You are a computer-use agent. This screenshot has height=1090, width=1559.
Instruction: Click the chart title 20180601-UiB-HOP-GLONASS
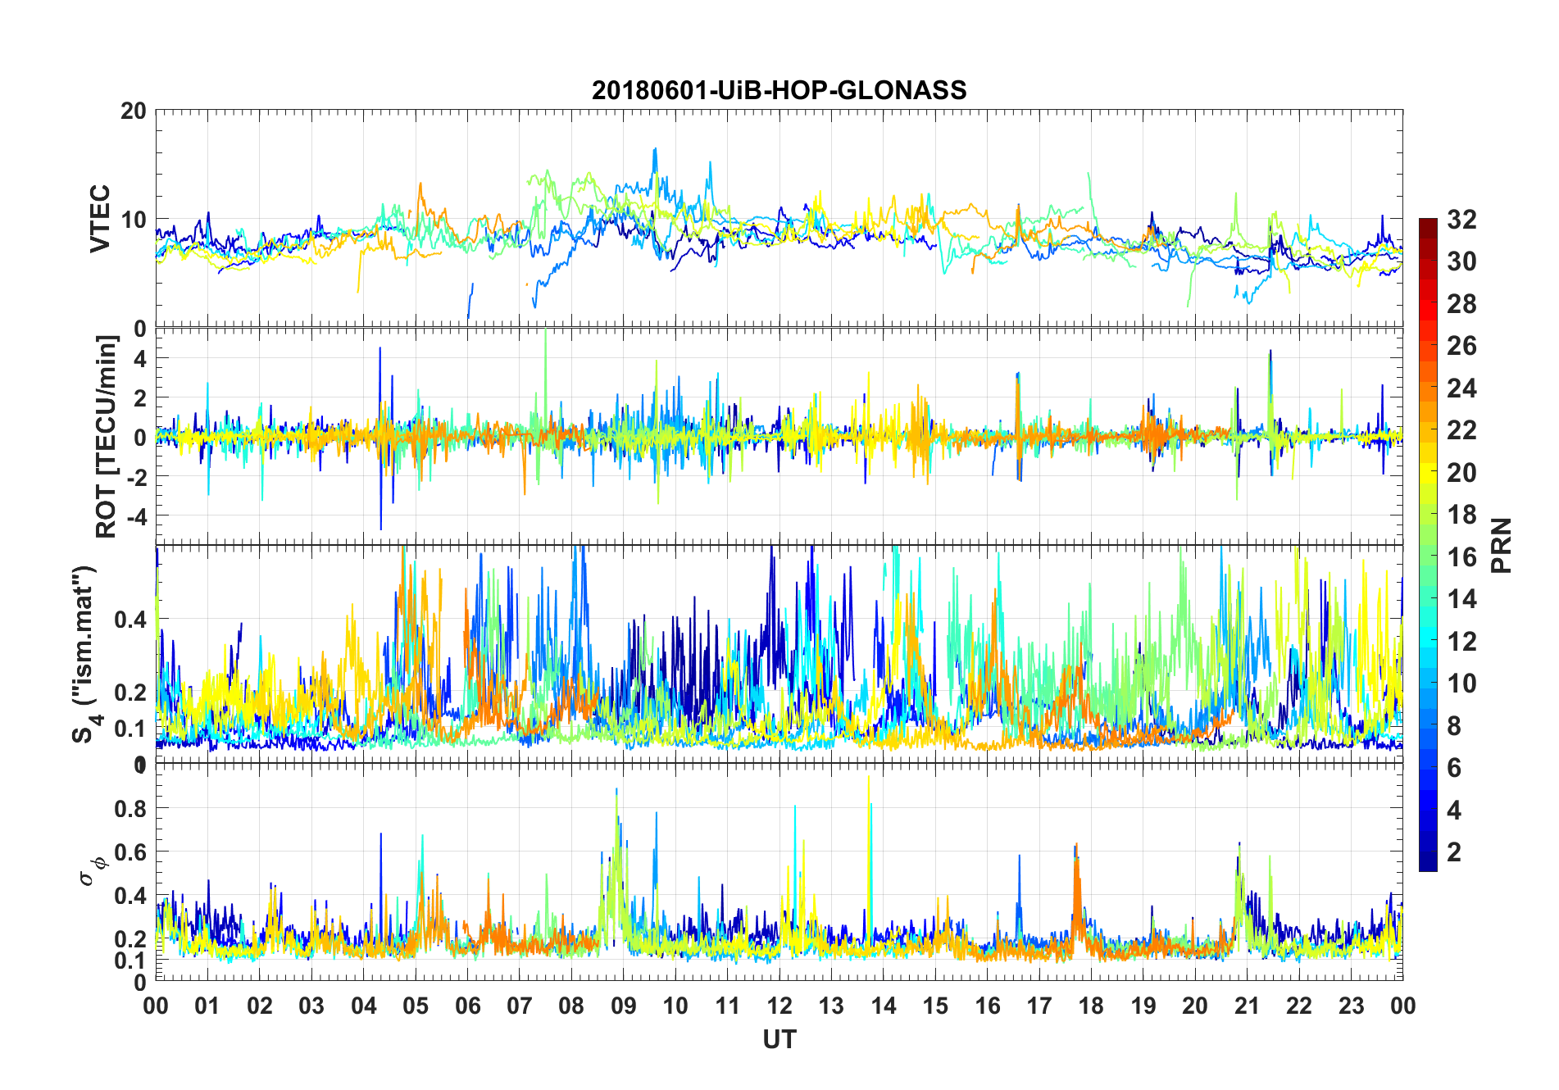[779, 90]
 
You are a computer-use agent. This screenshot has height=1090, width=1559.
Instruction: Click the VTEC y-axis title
[99, 219]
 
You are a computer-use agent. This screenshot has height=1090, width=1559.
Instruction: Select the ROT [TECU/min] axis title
[106, 436]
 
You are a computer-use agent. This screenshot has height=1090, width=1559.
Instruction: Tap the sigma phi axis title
[91, 870]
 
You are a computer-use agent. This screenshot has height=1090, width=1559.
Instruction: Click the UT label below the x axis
[779, 1039]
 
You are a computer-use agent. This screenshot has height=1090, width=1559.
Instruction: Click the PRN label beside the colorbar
[1501, 545]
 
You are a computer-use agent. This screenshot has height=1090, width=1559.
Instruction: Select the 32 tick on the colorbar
[1461, 220]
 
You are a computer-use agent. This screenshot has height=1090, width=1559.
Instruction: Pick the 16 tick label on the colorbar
[1461, 557]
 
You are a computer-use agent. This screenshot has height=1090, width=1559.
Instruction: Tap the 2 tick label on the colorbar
[1454, 852]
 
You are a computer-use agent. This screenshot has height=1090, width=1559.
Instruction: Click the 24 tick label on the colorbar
[1461, 388]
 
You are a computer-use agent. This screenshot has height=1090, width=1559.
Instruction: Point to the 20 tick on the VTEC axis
[134, 111]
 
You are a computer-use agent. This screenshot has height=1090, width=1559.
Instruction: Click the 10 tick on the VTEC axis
[134, 220]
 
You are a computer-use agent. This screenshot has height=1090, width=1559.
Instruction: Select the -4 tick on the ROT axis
[136, 516]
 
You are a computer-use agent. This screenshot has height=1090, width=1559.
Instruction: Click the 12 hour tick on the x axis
[779, 1006]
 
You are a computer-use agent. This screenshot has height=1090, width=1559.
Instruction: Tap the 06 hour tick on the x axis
[468, 1006]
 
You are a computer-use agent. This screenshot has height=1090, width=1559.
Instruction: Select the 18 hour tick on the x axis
[1091, 1006]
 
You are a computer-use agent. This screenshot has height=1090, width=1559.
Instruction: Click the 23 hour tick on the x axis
[1351, 1006]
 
